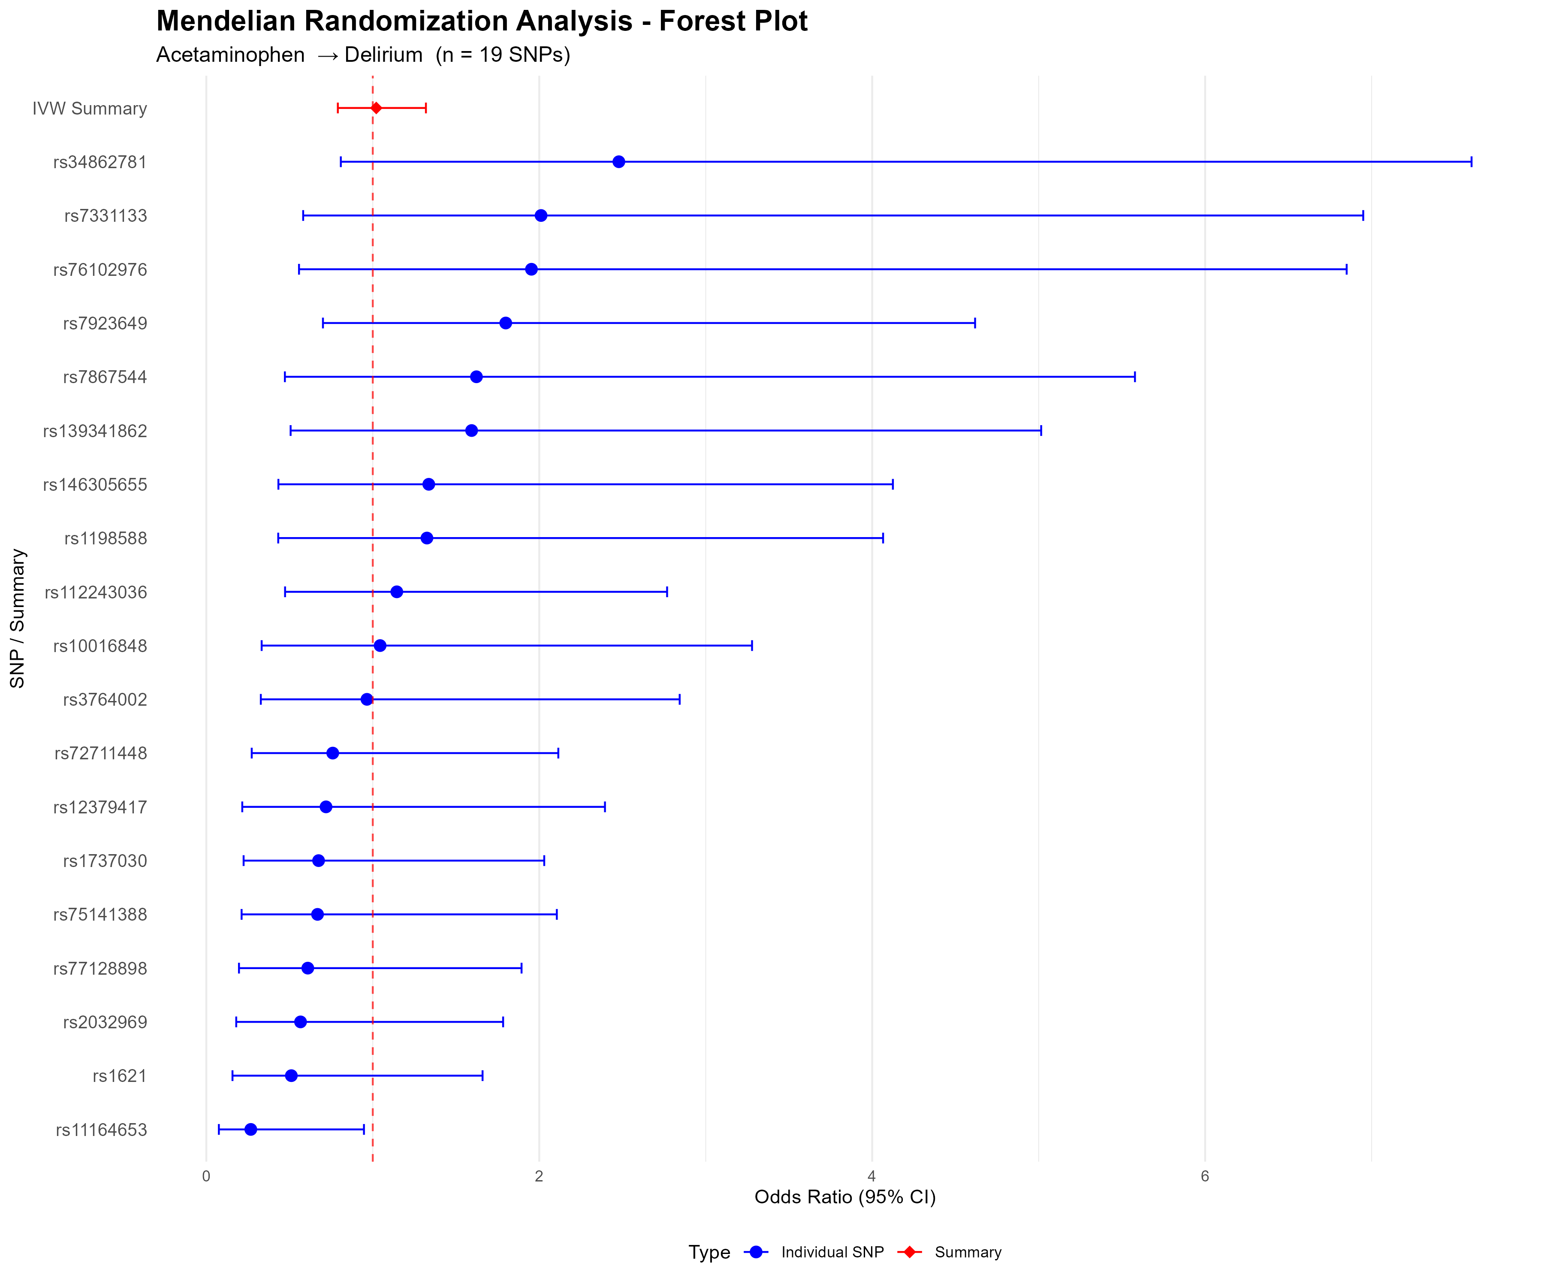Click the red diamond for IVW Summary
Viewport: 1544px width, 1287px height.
point(376,108)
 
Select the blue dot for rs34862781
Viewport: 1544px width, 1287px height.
point(618,162)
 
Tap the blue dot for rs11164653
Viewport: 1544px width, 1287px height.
point(251,1129)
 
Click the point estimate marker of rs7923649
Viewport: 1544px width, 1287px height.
point(506,323)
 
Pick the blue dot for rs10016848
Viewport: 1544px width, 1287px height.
point(380,646)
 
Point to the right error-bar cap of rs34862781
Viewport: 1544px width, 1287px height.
point(1471,162)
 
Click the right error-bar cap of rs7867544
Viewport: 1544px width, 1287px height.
point(1134,377)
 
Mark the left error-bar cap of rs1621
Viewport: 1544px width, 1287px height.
point(232,1075)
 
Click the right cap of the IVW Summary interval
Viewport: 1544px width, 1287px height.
point(426,108)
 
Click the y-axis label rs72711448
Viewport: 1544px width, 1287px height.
point(101,753)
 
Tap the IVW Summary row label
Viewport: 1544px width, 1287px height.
point(90,108)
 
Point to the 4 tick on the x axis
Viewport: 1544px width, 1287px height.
point(872,1176)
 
